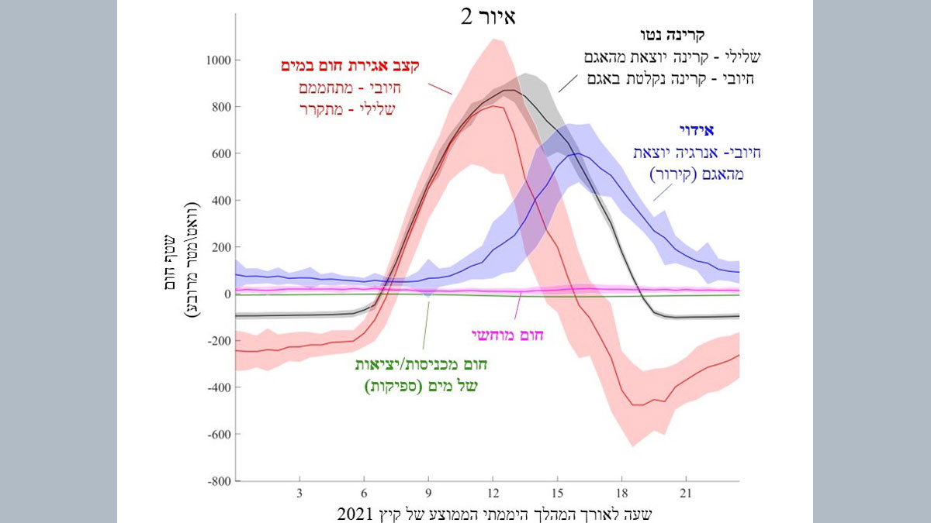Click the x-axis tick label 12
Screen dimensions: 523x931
pos(492,494)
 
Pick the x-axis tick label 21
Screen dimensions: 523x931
pos(685,494)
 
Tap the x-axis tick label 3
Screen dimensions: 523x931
pos(299,494)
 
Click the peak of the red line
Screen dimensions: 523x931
pos(494,106)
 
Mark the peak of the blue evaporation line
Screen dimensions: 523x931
pos(577,153)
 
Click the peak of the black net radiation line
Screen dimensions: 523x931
pos(509,90)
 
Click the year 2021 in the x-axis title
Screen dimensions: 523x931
pos(355,514)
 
